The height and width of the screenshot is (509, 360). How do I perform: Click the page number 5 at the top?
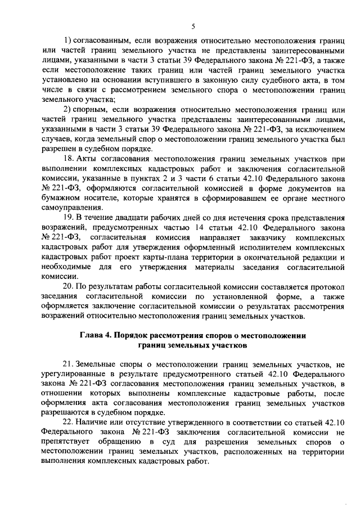[x=193, y=26]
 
